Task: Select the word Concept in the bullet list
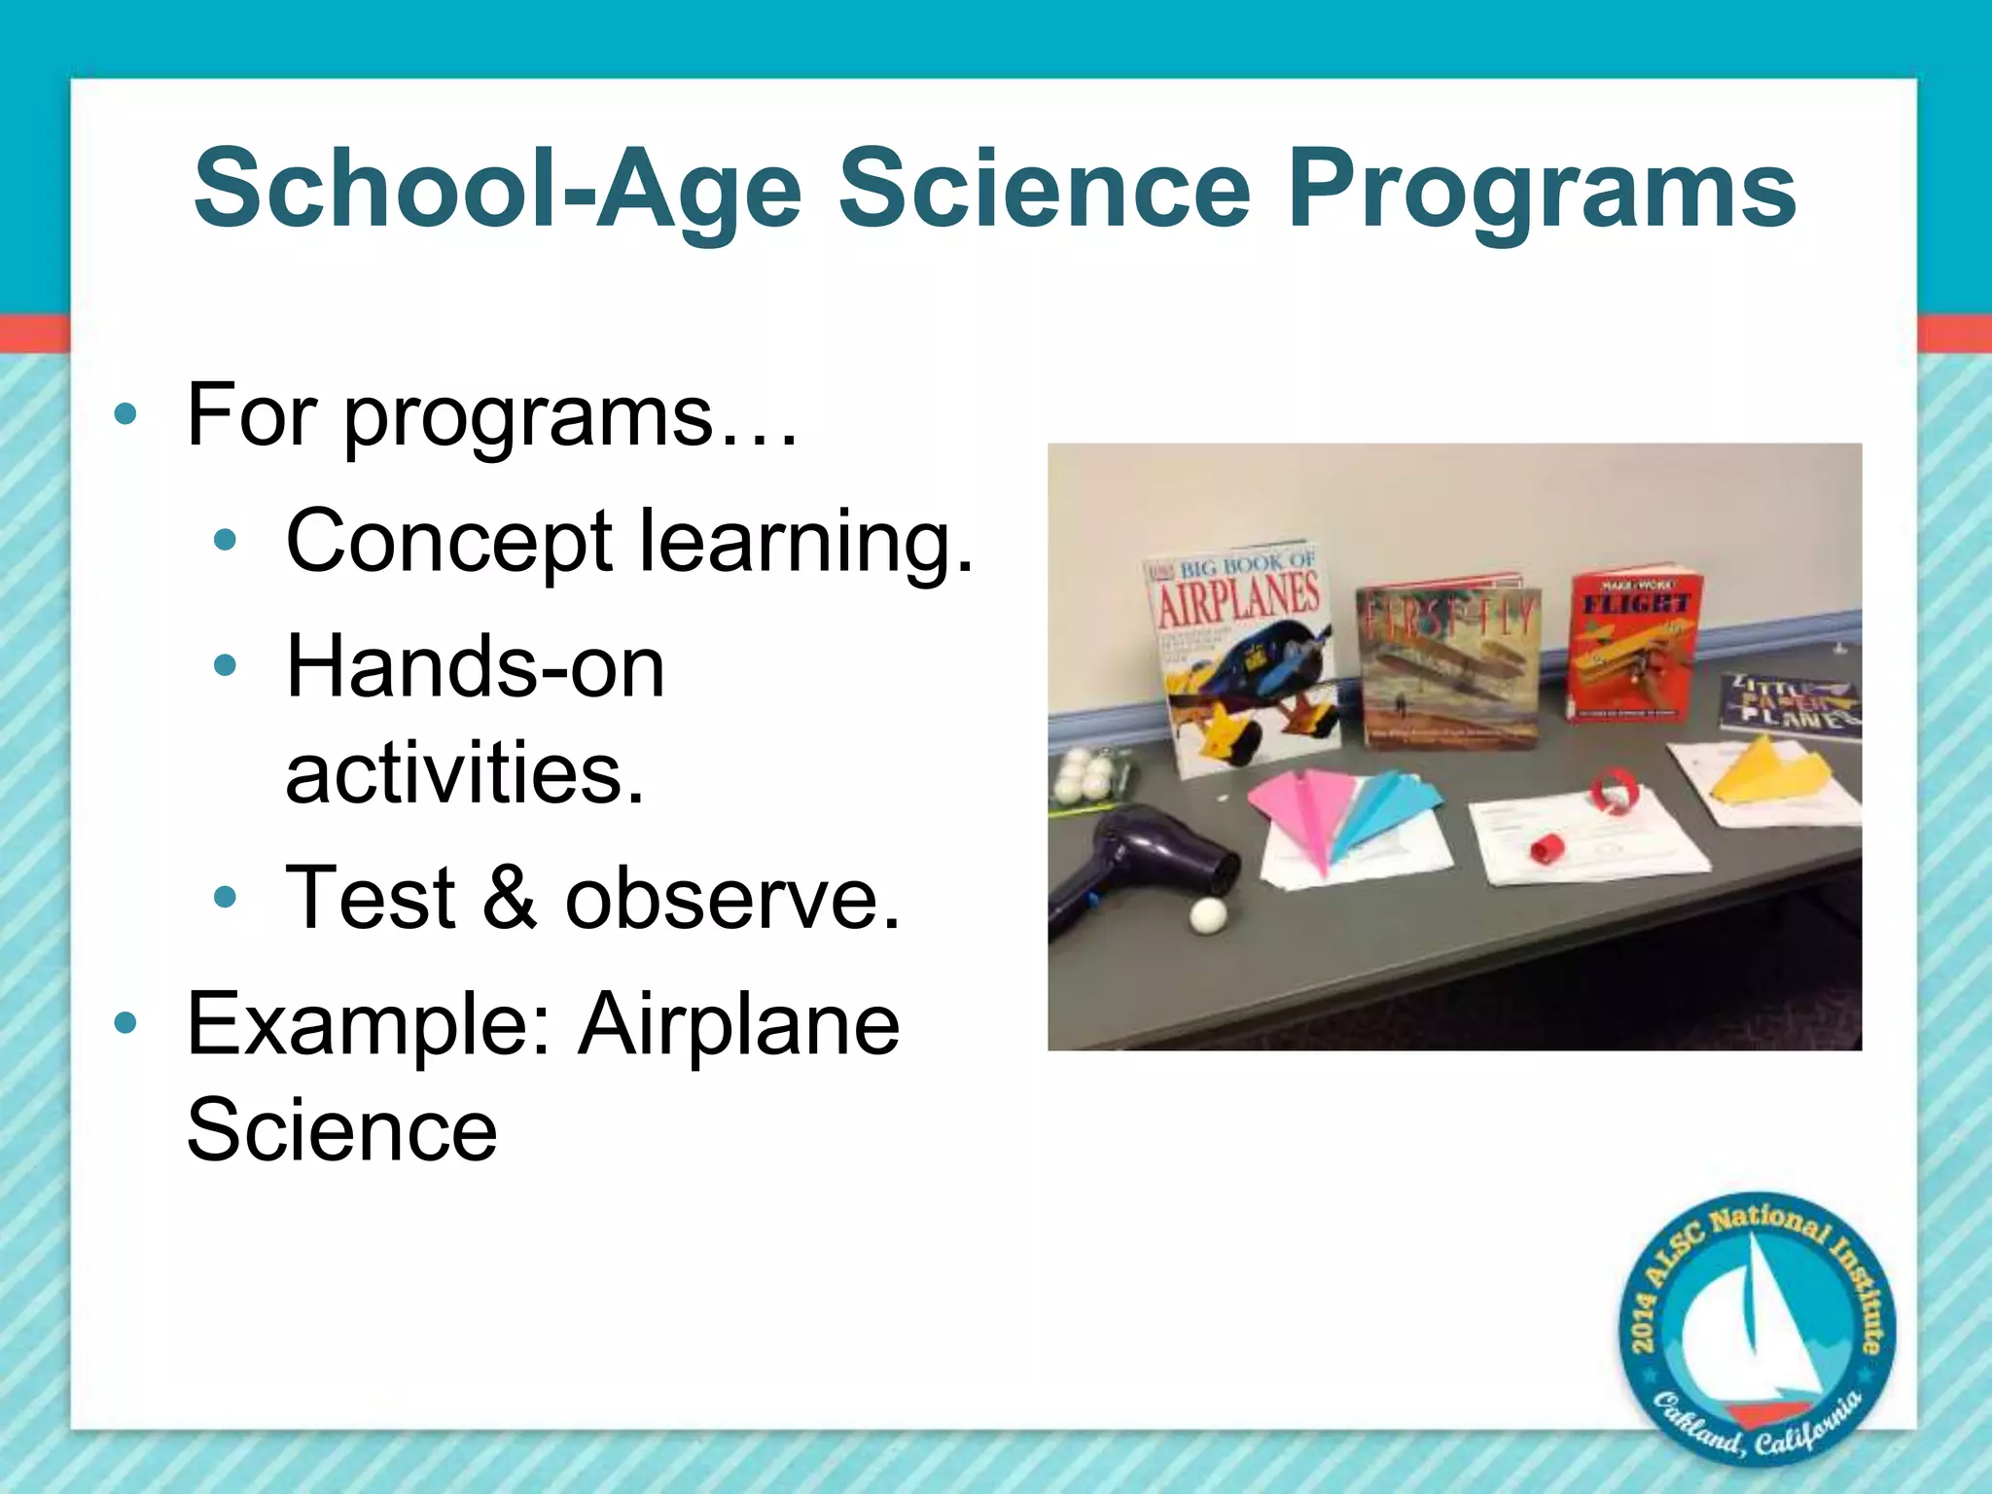(x=448, y=542)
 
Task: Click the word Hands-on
(x=475, y=667)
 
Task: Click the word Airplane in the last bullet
(x=738, y=1024)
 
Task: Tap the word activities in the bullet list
(x=465, y=773)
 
